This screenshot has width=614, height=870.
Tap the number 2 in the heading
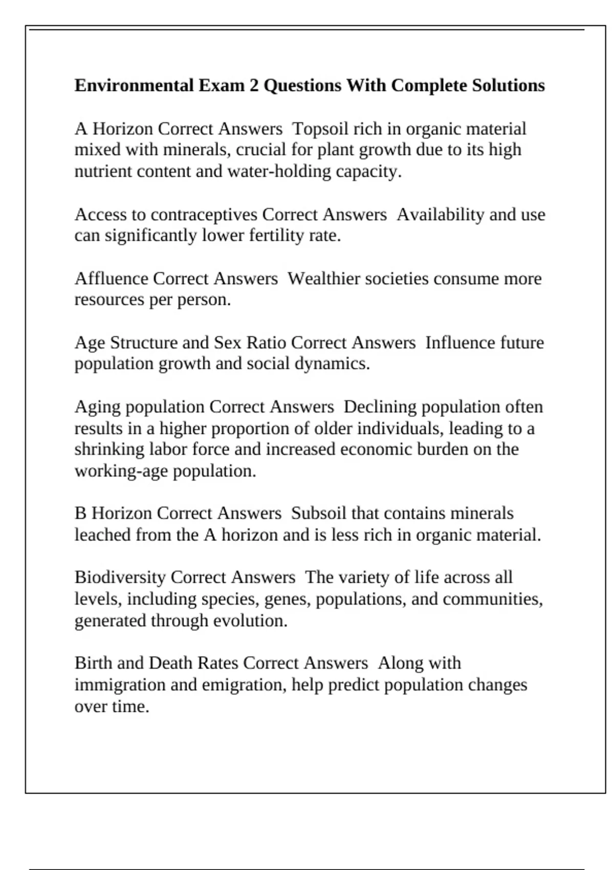254,85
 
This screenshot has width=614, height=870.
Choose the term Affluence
111,278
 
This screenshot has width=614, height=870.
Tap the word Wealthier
322,278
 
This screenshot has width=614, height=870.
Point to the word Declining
380,407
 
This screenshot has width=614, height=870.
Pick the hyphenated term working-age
121,471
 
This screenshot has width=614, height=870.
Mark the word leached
103,535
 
